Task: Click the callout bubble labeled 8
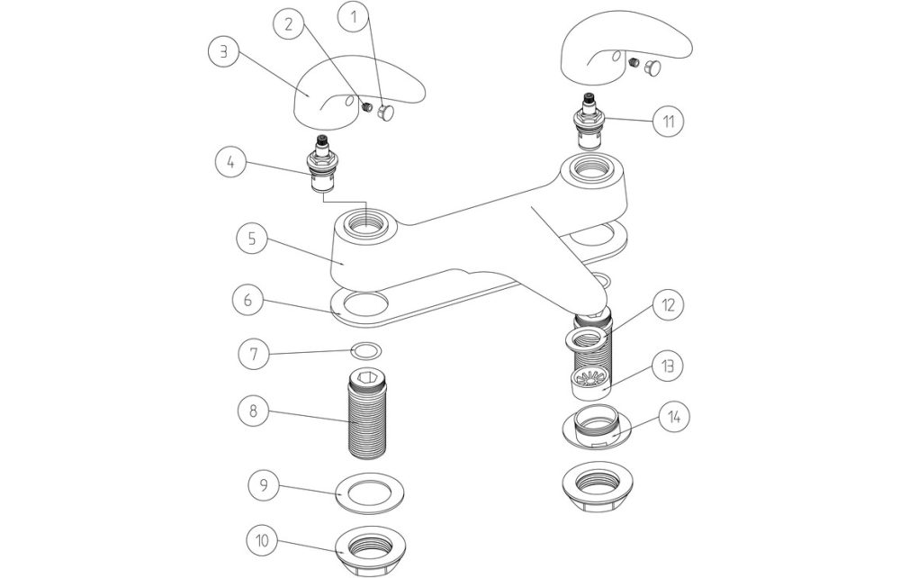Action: click(255, 411)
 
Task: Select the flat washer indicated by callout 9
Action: click(368, 492)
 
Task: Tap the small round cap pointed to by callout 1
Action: click(389, 113)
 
